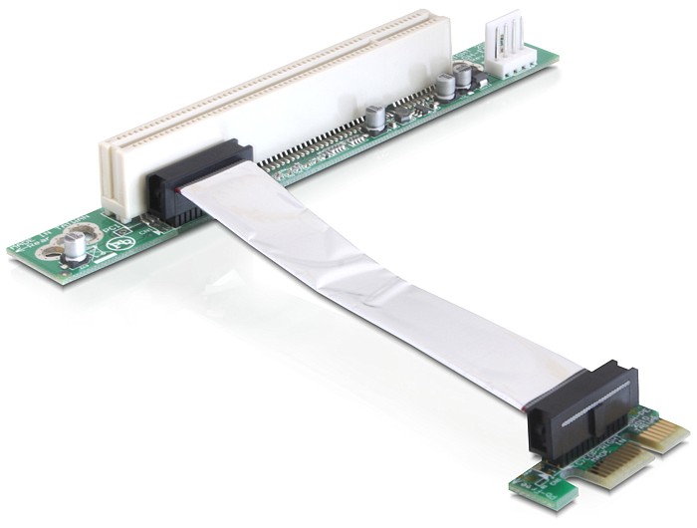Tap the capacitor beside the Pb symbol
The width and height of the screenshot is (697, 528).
tap(75, 244)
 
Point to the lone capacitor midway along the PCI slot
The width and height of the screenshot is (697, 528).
tap(372, 119)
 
